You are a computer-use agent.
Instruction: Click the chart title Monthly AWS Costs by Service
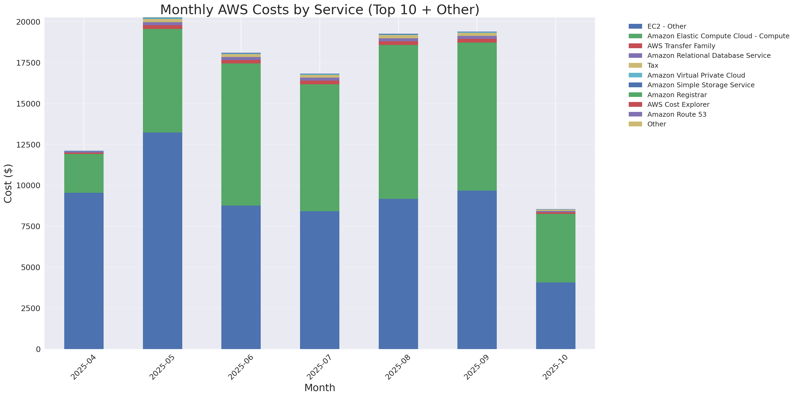(320, 10)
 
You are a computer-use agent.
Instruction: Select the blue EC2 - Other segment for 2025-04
(84, 271)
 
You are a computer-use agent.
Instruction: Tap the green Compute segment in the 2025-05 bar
(162, 81)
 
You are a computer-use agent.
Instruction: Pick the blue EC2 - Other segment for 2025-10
(555, 315)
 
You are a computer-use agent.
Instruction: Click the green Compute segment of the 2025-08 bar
(398, 122)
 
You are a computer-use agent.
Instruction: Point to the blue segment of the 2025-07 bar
(320, 280)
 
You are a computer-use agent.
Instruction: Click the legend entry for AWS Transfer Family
(681, 46)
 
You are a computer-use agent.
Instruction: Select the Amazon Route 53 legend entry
(677, 115)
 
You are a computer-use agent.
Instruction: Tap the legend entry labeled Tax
(653, 66)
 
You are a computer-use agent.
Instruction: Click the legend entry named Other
(656, 124)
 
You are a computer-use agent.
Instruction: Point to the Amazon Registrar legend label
(677, 95)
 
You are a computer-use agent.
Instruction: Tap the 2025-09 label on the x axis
(476, 367)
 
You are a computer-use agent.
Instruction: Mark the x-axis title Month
(320, 388)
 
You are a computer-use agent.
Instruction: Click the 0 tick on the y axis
(38, 349)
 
